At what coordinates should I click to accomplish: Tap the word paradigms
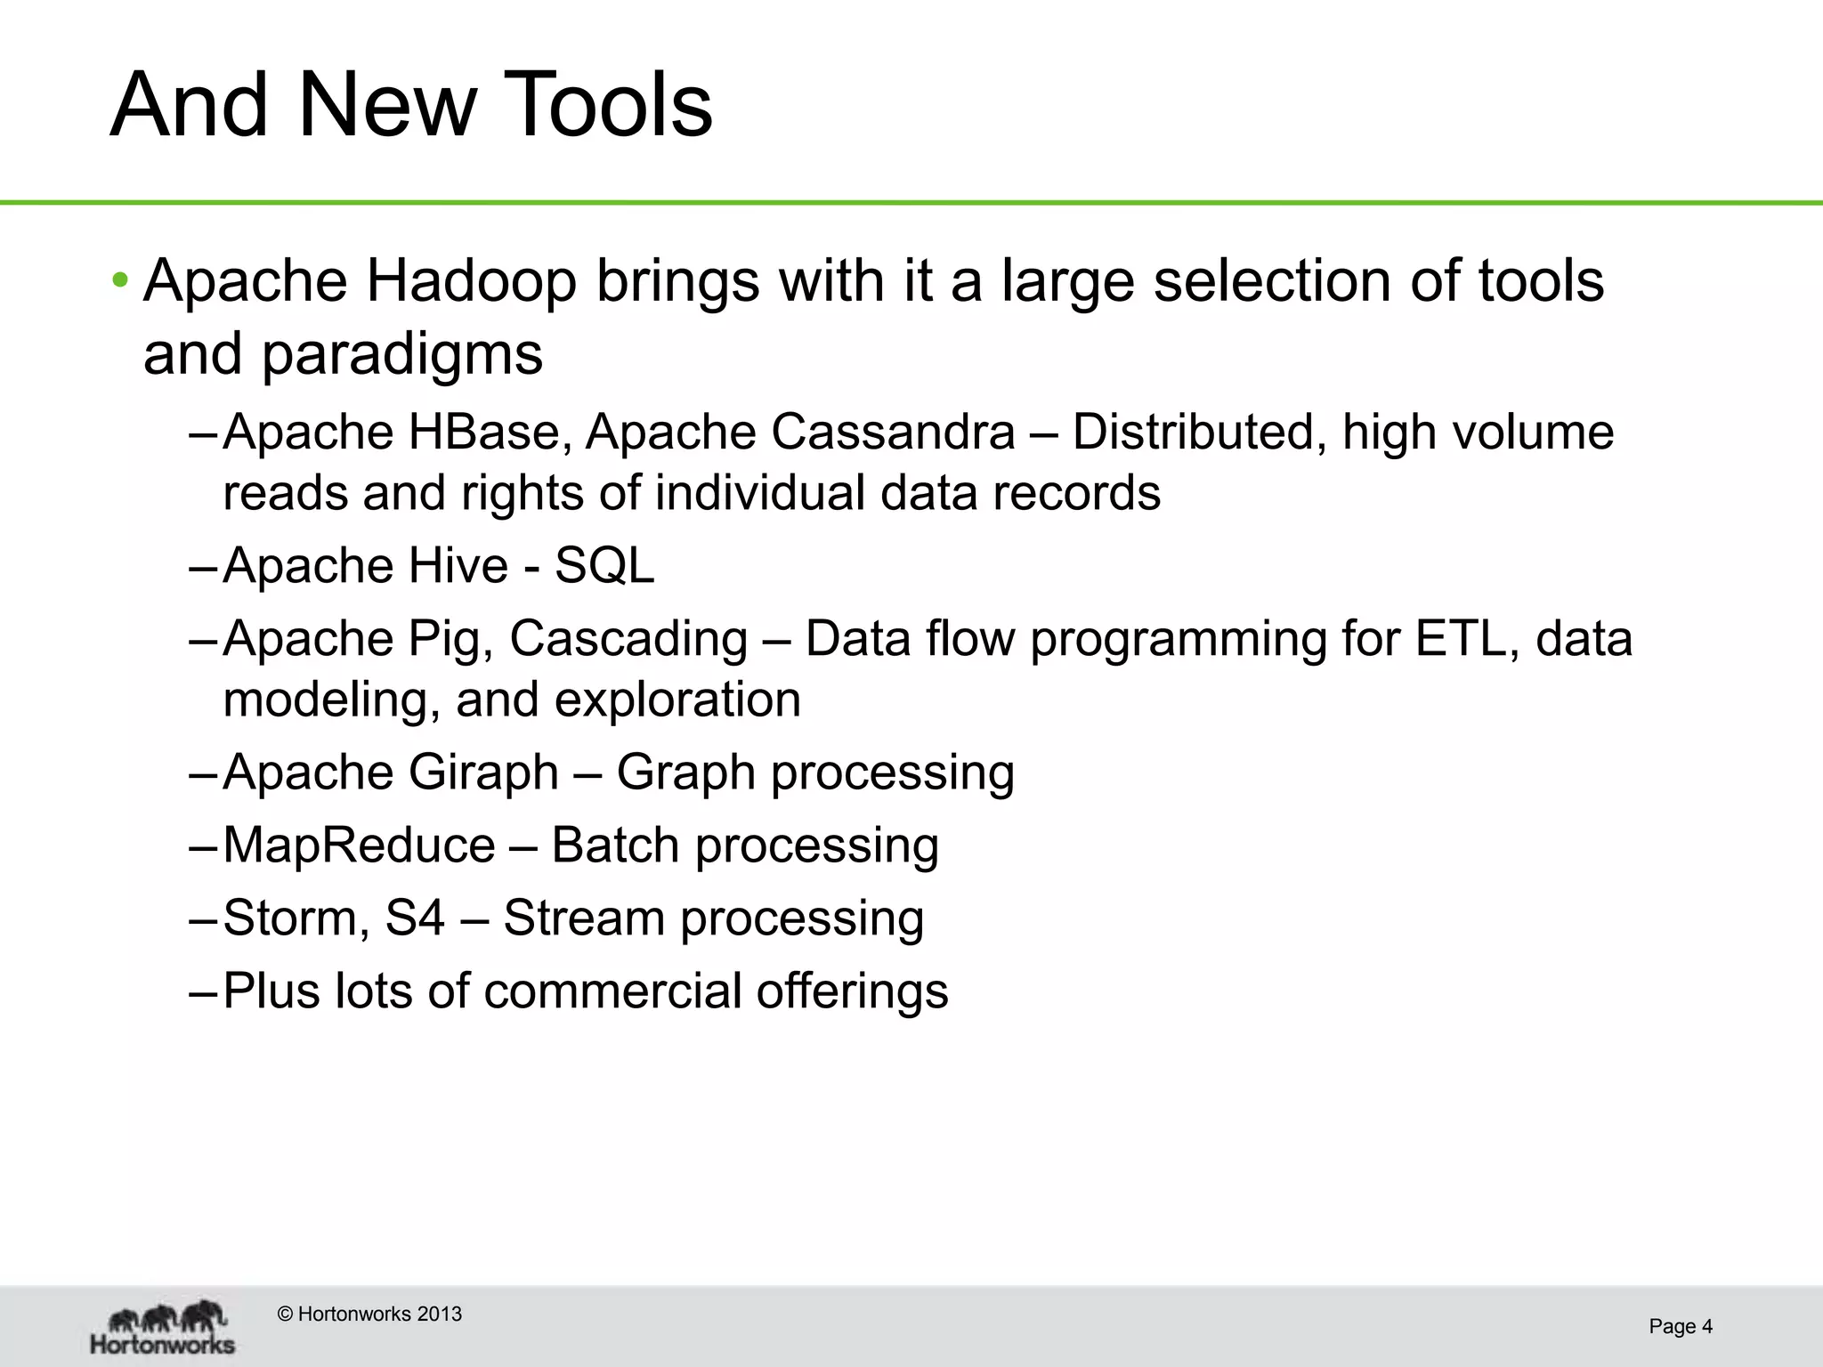point(401,354)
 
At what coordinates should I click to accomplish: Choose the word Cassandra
point(893,433)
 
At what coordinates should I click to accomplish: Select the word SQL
point(604,565)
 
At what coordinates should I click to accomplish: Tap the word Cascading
point(628,639)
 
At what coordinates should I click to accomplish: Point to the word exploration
point(677,700)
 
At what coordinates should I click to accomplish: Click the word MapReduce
point(359,845)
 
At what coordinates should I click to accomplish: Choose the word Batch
point(615,845)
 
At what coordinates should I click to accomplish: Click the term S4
point(415,918)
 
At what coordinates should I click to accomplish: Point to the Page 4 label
point(1681,1326)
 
